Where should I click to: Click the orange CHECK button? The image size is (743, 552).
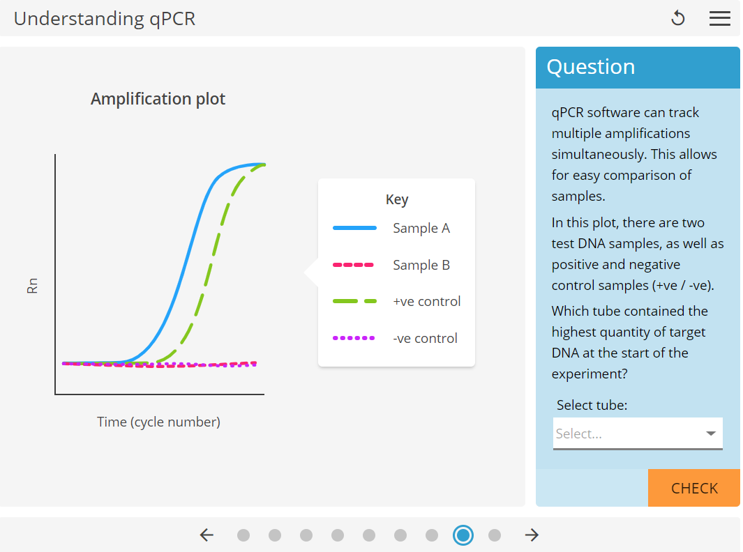point(694,488)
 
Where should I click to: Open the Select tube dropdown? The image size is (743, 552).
point(638,434)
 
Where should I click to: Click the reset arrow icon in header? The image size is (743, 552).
point(677,19)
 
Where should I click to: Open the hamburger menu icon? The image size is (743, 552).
point(719,19)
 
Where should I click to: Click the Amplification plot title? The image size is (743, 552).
point(158,99)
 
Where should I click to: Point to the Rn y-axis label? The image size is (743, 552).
point(32,286)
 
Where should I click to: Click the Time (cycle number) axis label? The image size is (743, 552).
point(158,422)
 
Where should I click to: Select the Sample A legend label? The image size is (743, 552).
point(421,228)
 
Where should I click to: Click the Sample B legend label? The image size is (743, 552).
point(421,265)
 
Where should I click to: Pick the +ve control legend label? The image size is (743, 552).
point(426,301)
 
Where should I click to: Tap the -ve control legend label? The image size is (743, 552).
point(425,338)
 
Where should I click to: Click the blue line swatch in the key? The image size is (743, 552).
point(354,228)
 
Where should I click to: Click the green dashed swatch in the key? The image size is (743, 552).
point(354,301)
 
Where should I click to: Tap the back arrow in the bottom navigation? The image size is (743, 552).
point(207,535)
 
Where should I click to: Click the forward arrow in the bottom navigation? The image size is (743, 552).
point(532,535)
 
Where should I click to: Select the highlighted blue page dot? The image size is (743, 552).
point(463,535)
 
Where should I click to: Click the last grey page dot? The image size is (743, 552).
point(495,535)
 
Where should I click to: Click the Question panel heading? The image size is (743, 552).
point(590,67)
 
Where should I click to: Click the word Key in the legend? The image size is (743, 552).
point(396,199)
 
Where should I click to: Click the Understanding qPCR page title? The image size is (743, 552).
point(105,19)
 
